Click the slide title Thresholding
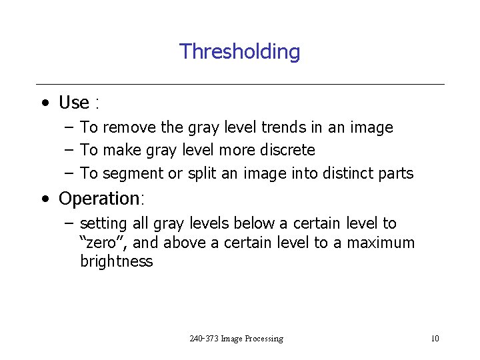239,51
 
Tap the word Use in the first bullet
73,103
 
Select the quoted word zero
98,243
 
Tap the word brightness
116,261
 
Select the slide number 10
435,339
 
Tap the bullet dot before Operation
43,199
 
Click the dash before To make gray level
69,150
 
